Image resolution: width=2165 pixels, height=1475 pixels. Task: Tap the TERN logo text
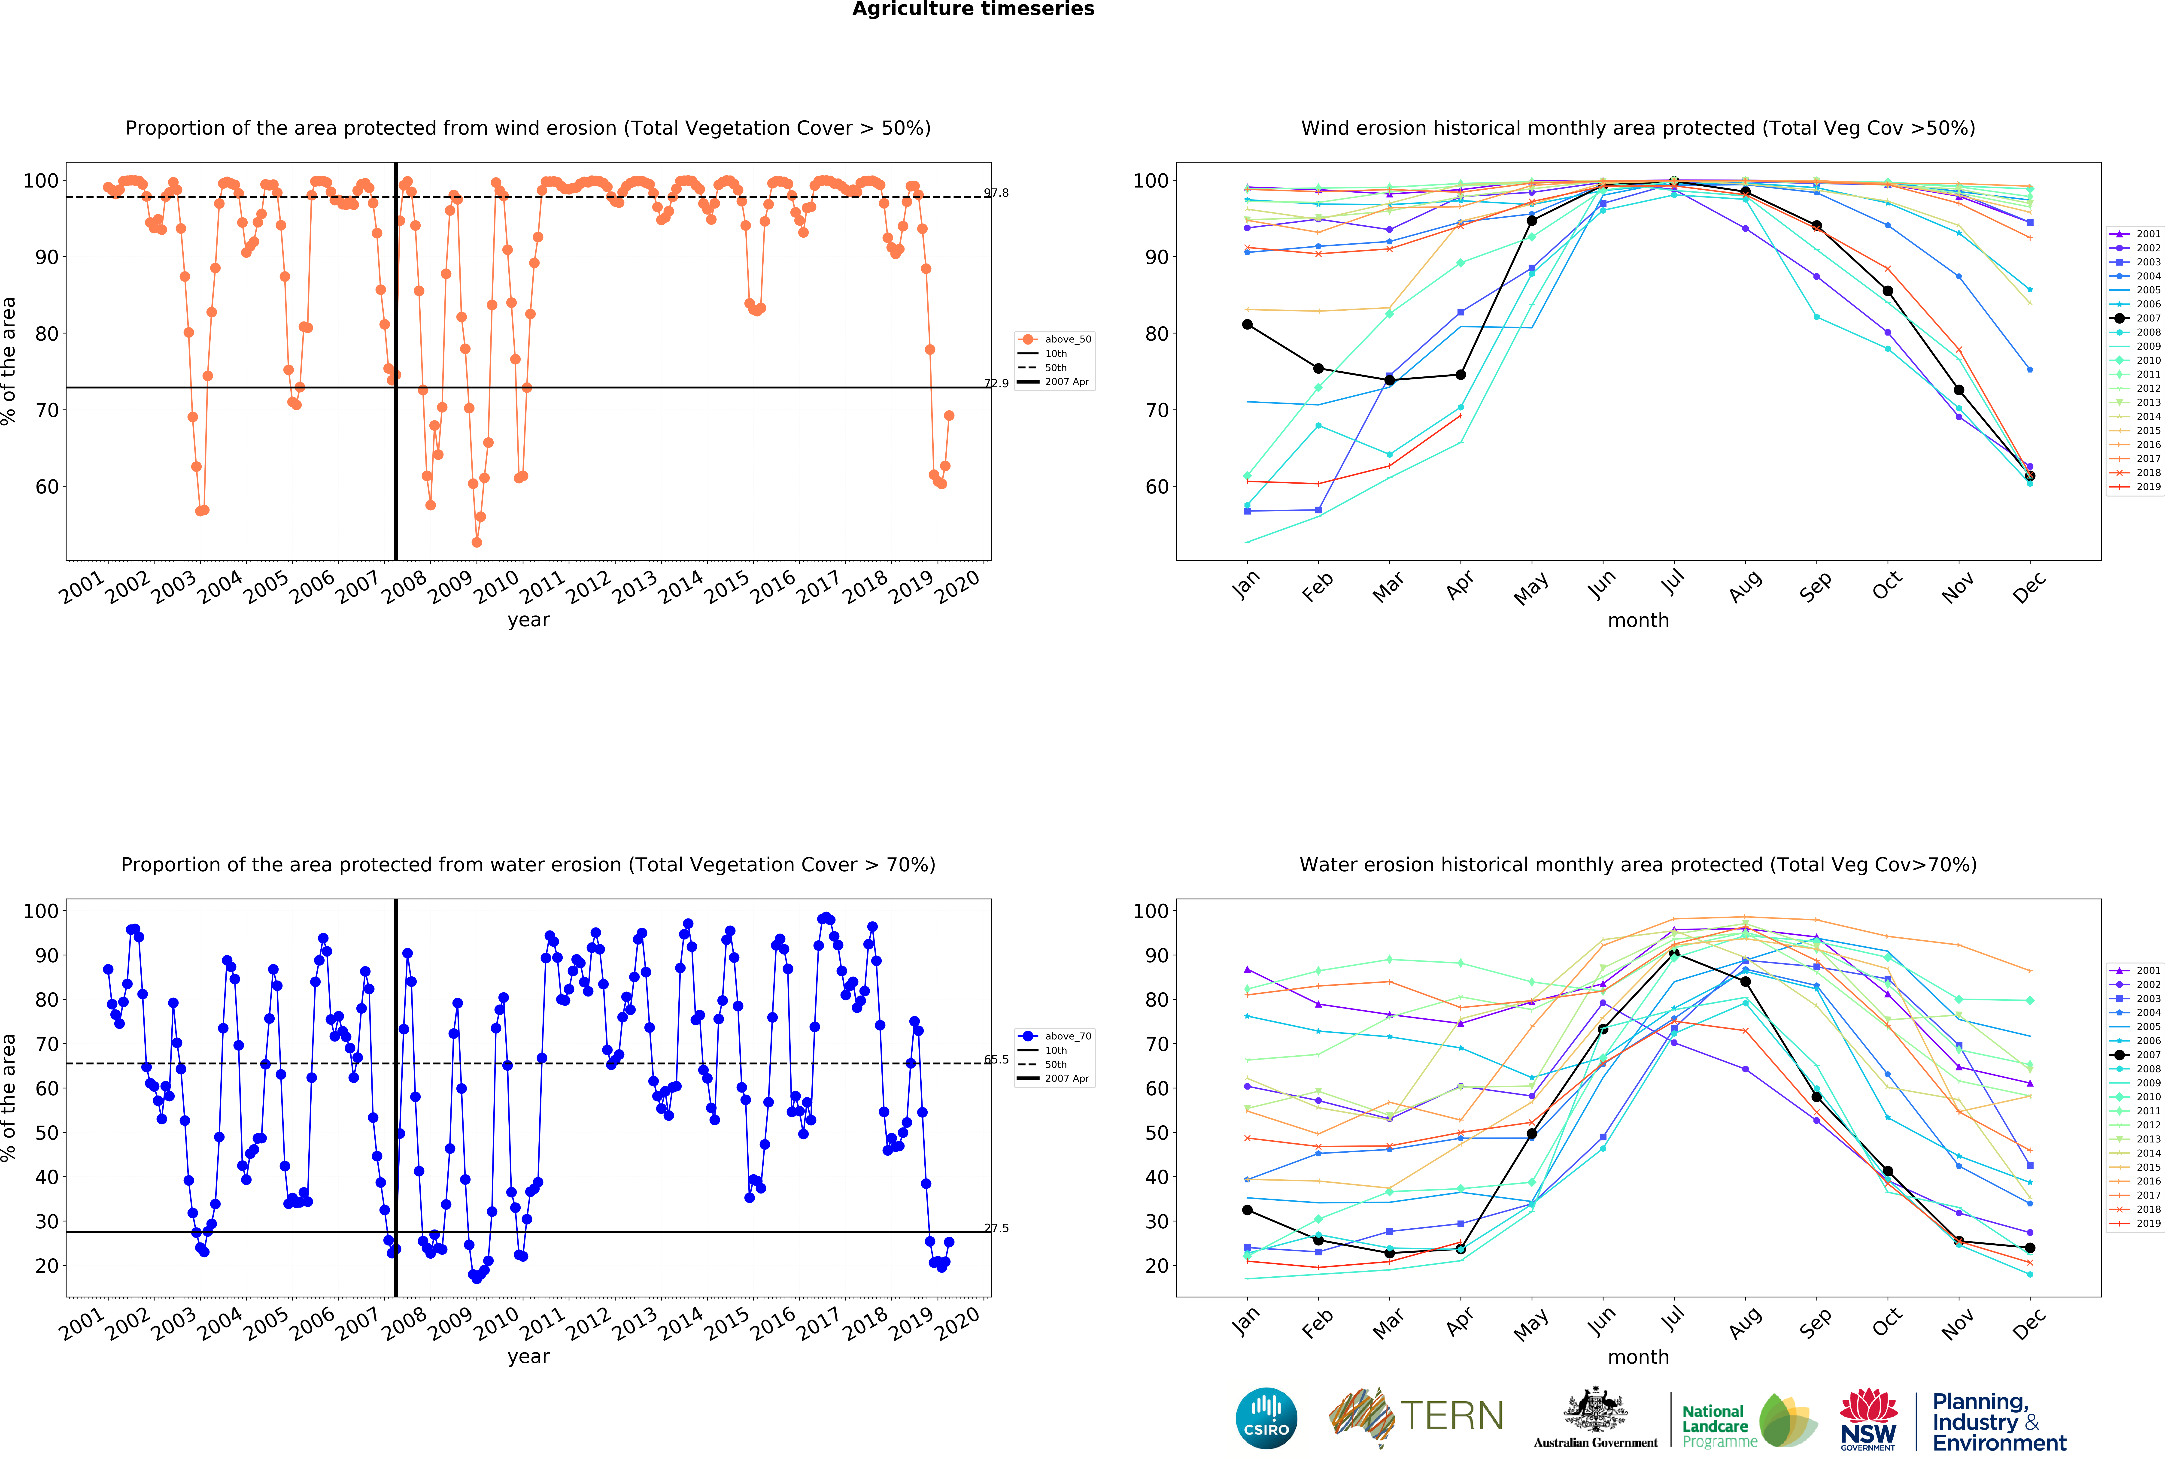(x=1451, y=1416)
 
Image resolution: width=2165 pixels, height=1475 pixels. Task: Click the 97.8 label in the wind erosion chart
(x=996, y=193)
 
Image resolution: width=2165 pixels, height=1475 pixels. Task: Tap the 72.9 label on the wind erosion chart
(x=996, y=383)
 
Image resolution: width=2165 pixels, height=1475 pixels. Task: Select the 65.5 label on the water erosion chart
(x=996, y=1060)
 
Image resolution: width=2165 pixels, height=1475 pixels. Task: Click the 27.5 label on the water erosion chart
(x=996, y=1228)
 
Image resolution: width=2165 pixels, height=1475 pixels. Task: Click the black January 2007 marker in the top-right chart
(x=1247, y=324)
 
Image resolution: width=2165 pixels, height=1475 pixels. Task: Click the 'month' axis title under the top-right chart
(x=1638, y=620)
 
